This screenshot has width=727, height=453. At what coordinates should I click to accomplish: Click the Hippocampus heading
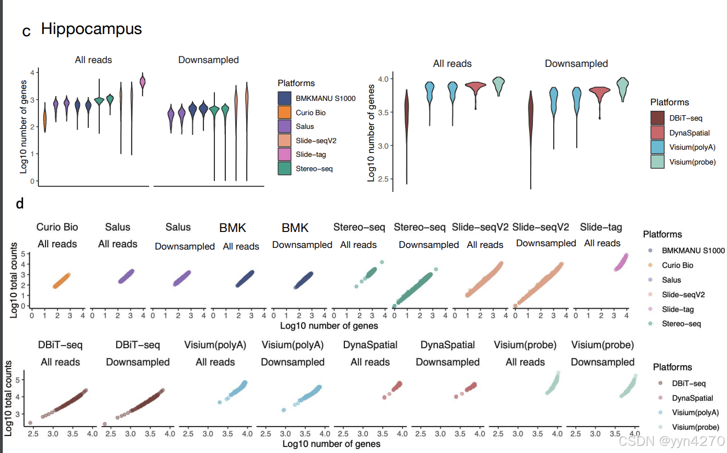tap(92, 29)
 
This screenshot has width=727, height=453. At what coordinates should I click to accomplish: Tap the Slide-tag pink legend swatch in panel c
tap(285, 154)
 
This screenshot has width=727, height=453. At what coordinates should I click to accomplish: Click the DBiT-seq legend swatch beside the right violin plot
tap(657, 118)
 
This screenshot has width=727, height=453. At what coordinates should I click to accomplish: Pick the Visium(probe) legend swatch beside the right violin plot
tap(657, 161)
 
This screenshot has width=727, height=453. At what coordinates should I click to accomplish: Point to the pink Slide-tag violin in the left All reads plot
tap(143, 82)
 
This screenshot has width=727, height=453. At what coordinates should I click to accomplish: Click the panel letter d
tap(20, 204)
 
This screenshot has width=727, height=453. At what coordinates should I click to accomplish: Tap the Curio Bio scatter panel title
tap(57, 227)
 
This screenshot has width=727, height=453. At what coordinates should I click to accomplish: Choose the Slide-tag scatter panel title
tap(601, 227)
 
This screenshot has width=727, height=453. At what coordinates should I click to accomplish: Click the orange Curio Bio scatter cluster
tap(61, 281)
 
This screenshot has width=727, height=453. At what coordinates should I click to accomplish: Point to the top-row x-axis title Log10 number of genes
tap(328, 326)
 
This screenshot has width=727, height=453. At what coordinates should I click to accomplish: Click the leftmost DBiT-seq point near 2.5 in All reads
tap(30, 423)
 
